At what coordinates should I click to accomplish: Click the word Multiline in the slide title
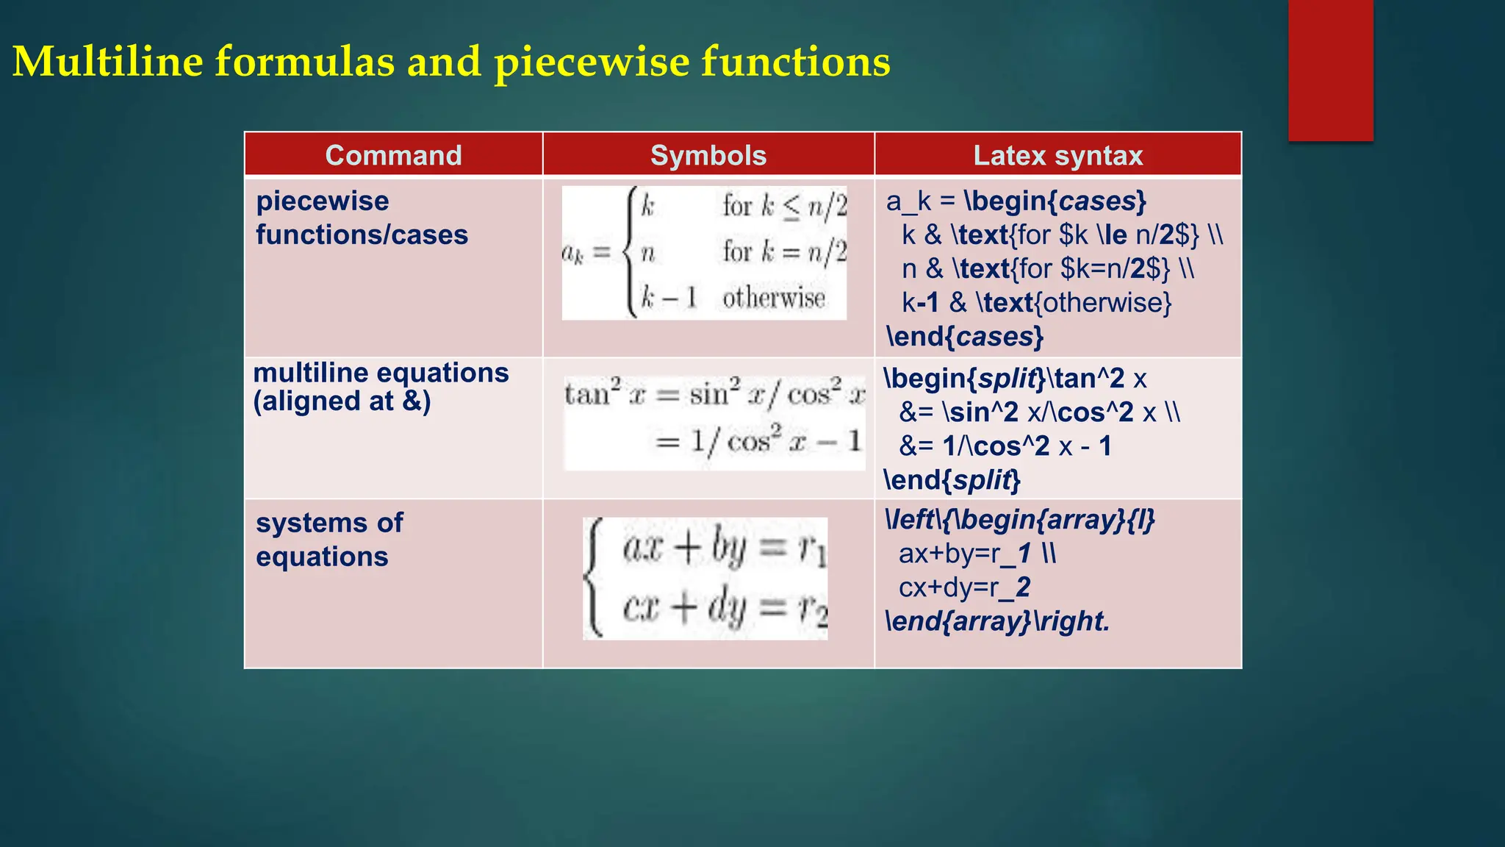tap(107, 61)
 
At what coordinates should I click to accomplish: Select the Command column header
tap(393, 155)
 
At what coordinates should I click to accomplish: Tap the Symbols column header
tap(708, 155)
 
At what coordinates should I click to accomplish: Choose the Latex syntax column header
tap(1057, 155)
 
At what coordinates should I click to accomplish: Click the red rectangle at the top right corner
tap(1330, 70)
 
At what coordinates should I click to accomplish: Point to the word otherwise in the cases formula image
tap(773, 298)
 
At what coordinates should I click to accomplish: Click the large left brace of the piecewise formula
tap(630, 252)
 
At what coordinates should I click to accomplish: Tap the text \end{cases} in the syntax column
tap(965, 337)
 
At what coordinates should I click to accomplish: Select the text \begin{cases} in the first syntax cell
tap(1055, 201)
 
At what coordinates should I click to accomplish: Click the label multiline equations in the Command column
tap(381, 373)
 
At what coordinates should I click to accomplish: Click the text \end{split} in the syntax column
tap(952, 480)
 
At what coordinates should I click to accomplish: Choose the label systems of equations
tap(329, 539)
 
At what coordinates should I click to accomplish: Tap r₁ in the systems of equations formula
tap(813, 548)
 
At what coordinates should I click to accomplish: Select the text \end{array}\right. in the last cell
tap(997, 621)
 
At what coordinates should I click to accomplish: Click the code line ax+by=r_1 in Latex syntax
tap(976, 554)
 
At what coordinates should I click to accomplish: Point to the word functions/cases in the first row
tap(362, 235)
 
